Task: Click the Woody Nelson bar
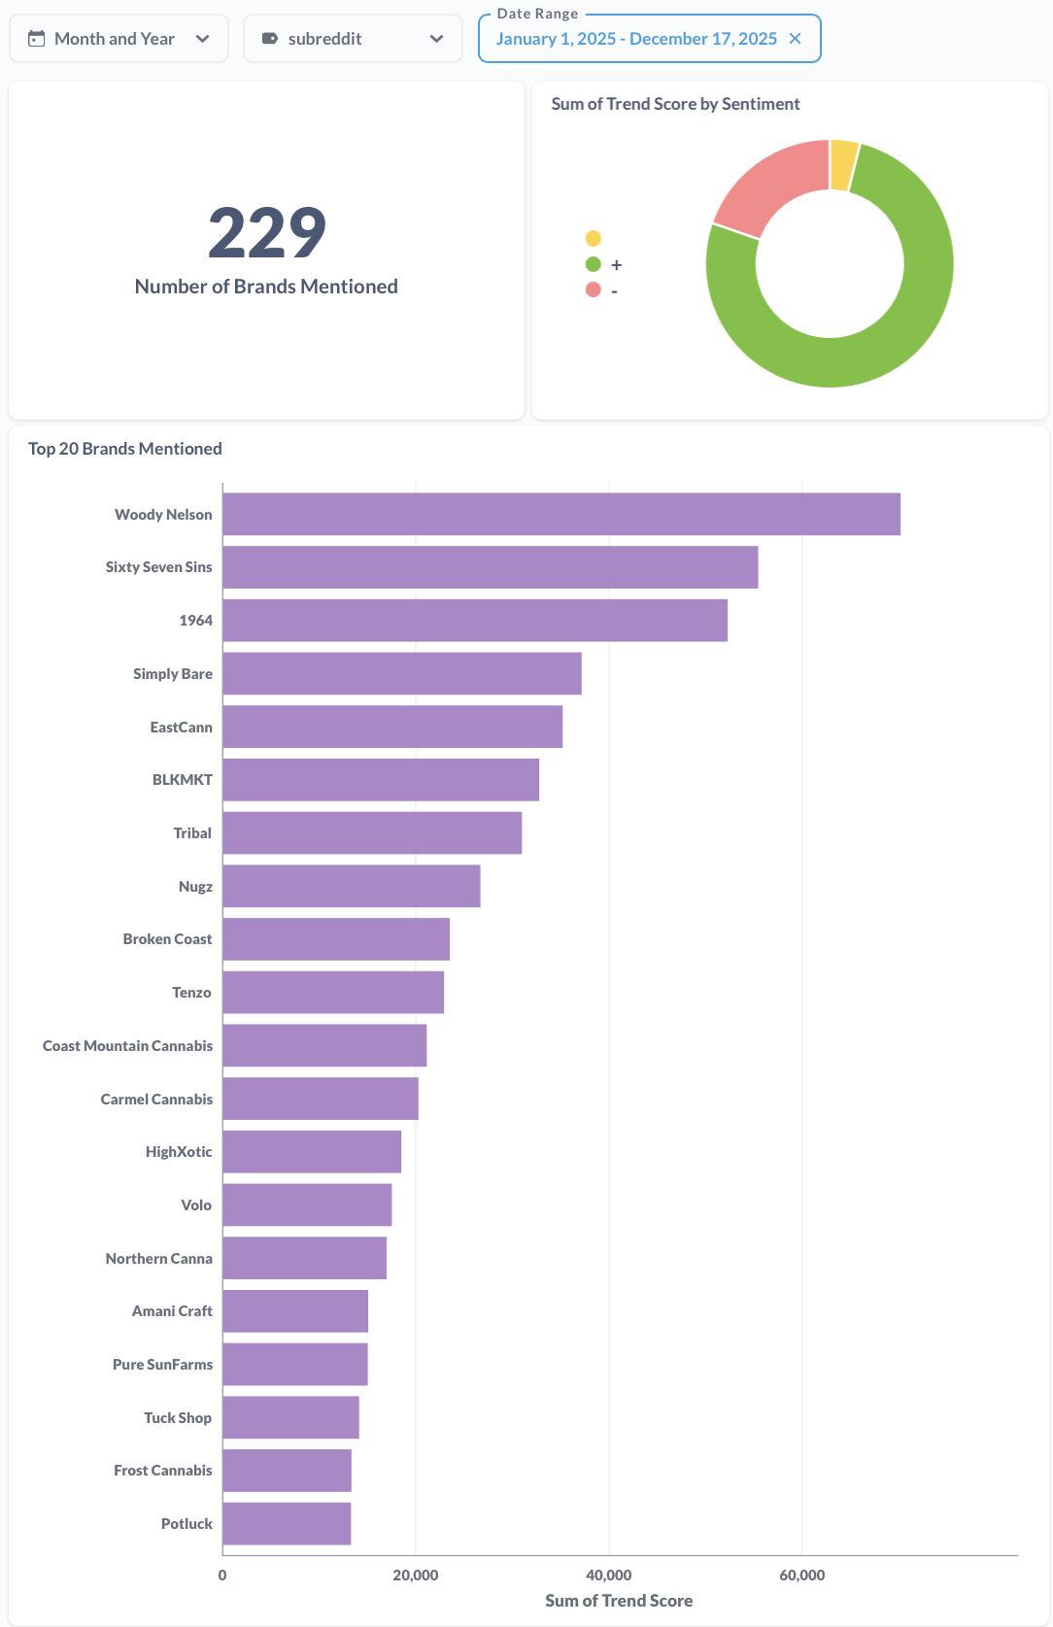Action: click(561, 514)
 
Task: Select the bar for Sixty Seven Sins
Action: click(490, 567)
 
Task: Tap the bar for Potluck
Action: click(287, 1524)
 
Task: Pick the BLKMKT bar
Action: click(381, 780)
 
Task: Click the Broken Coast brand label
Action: click(167, 939)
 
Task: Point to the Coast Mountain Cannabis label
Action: click(127, 1046)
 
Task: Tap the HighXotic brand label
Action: click(179, 1152)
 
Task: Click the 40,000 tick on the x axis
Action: click(609, 1576)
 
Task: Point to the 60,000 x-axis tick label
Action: click(802, 1576)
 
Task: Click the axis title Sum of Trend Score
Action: click(619, 1601)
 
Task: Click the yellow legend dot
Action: click(593, 239)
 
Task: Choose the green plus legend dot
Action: click(593, 264)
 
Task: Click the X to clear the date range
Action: click(796, 39)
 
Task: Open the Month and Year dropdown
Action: click(119, 39)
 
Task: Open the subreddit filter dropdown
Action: click(353, 39)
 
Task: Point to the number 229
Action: click(267, 233)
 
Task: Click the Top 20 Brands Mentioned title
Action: click(125, 449)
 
